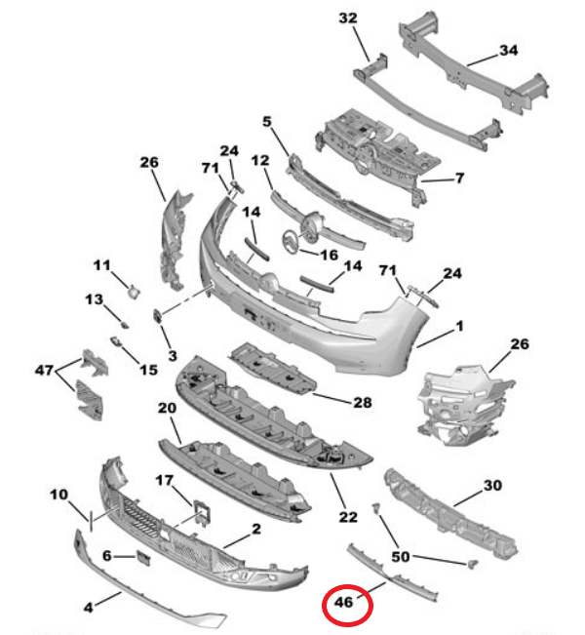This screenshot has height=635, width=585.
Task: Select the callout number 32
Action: [348, 19]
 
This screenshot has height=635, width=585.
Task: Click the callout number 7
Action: [460, 179]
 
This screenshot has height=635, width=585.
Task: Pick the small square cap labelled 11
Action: [133, 288]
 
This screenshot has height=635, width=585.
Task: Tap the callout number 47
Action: [45, 370]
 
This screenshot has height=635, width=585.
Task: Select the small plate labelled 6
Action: [140, 557]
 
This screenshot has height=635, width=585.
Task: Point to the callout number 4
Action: [88, 607]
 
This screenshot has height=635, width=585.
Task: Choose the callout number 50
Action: [400, 556]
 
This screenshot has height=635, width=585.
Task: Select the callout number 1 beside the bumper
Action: [459, 325]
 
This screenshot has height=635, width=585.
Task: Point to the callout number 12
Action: [260, 159]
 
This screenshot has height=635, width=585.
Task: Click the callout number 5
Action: [267, 122]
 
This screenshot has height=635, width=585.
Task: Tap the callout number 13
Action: [93, 298]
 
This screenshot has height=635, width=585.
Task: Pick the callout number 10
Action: [58, 494]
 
